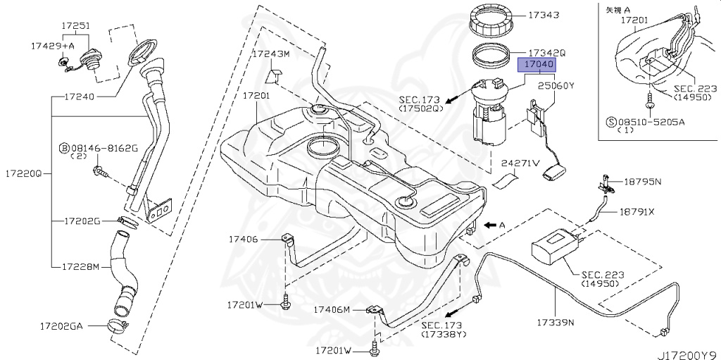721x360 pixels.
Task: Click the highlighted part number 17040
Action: (538, 65)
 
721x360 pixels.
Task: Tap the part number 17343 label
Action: (540, 13)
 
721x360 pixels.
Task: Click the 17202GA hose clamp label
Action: (66, 326)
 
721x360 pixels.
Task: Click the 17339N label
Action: (556, 323)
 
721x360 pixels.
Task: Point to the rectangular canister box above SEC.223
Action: (556, 245)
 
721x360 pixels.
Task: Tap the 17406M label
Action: (332, 309)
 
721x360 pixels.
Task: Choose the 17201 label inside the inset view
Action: (634, 21)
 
